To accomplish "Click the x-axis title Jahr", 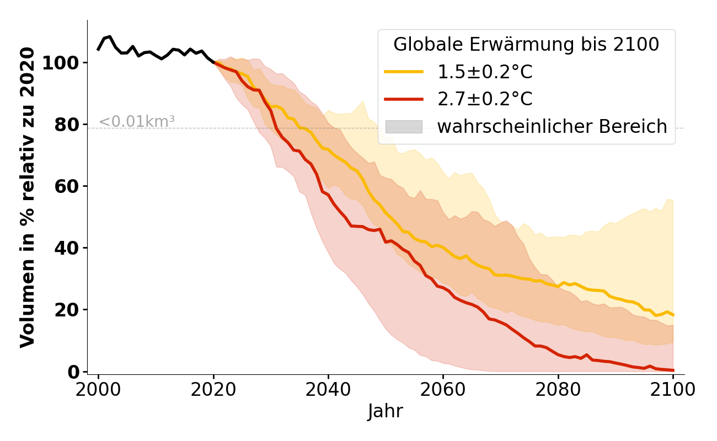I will pos(385,412).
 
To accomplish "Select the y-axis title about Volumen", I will pos(28,197).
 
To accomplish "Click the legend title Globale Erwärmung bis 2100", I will pos(526,45).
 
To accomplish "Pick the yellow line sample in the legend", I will pos(404,72).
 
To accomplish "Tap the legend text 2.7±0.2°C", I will pos(485,99).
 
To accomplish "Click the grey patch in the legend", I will pos(404,127).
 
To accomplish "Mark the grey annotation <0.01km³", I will pos(137,121).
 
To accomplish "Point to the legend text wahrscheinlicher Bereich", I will pos(552,127).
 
